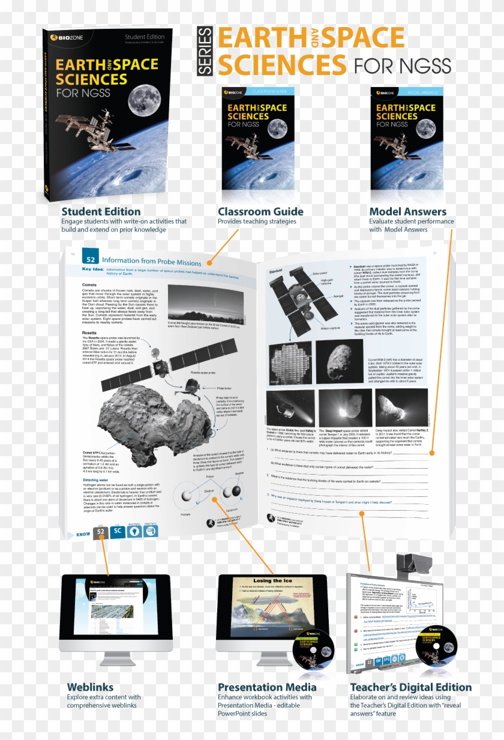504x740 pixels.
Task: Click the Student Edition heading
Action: click(101, 211)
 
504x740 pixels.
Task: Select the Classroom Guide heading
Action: click(260, 211)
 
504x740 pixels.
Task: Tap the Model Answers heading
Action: click(407, 211)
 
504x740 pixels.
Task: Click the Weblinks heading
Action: click(90, 687)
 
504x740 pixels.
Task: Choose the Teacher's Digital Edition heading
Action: click(411, 687)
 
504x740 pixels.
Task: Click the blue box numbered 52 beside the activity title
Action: click(91, 260)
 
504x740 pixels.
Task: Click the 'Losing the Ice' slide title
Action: click(271, 581)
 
